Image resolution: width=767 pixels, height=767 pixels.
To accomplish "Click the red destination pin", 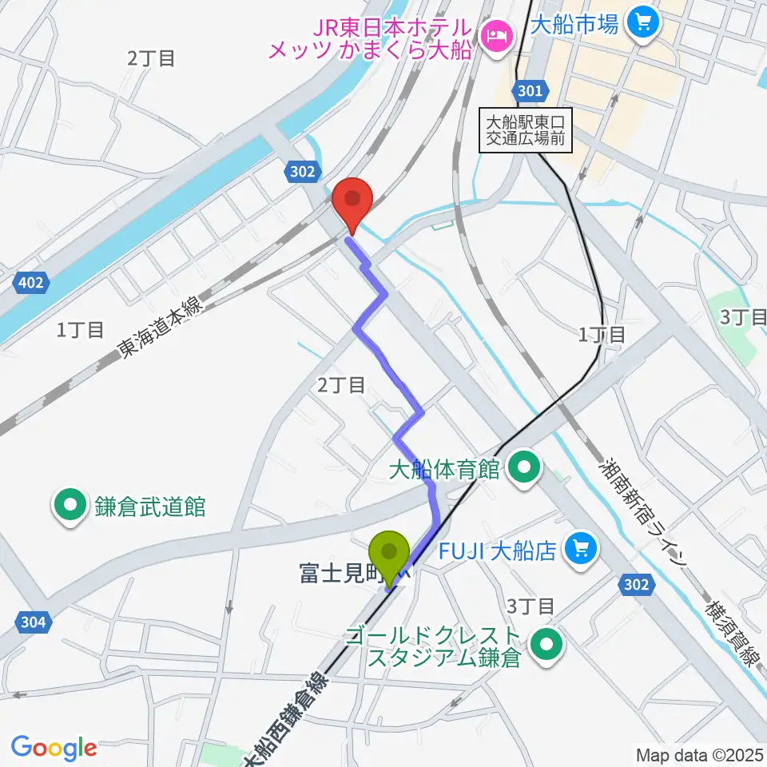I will [352, 201].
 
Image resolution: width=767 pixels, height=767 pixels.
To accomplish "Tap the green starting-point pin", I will [389, 555].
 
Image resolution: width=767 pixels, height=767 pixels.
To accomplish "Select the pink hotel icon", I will [496, 35].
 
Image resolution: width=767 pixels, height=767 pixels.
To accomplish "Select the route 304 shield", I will [32, 620].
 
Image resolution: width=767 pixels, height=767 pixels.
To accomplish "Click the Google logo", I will [54, 749].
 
